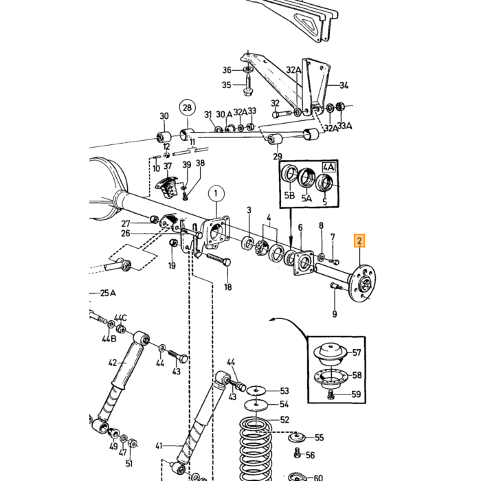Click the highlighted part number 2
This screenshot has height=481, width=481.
359,240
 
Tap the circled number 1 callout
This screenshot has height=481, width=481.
216,194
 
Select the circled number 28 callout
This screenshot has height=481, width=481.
187,108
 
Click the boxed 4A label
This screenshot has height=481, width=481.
328,168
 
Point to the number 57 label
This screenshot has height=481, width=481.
356,353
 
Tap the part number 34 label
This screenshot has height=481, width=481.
344,85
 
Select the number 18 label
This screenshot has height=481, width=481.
228,287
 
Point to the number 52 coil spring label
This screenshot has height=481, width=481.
284,419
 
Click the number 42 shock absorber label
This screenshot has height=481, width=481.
113,363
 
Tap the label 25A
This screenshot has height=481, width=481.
108,293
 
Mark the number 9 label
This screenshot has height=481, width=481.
335,313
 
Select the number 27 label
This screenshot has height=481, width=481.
126,223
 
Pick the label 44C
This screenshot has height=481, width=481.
120,317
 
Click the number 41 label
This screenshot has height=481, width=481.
159,445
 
